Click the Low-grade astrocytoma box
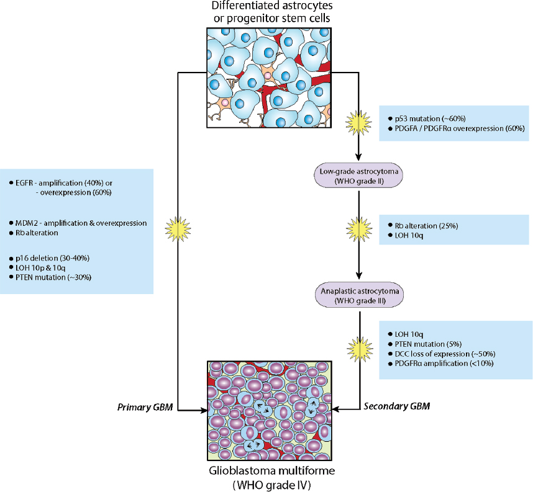(x=360, y=176)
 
